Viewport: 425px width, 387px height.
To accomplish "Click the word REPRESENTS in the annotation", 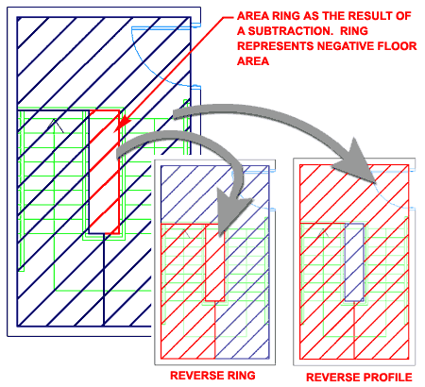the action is [x=276, y=46].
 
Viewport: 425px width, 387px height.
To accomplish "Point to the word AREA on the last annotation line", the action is [x=253, y=61].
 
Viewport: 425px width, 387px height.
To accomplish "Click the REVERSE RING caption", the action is [x=212, y=376].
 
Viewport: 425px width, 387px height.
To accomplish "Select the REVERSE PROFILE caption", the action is [x=359, y=378].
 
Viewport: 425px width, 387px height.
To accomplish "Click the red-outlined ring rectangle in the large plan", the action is [x=119, y=172].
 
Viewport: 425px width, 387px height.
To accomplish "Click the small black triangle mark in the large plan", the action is [x=56, y=126].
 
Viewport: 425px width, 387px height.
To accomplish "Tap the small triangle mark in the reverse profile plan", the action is [x=324, y=233].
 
